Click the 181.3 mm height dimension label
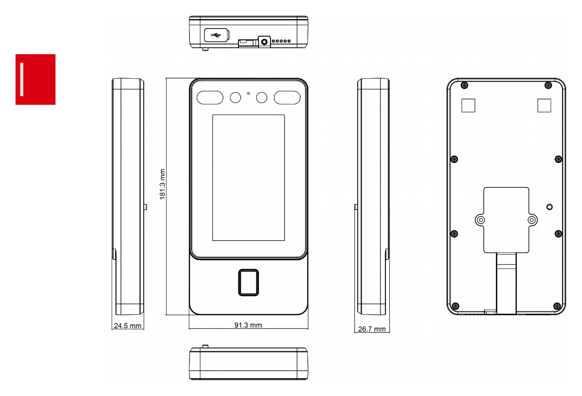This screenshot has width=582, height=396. pos(163,184)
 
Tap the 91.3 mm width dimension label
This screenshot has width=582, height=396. pos(248,325)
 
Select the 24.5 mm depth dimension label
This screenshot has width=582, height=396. pos(128,326)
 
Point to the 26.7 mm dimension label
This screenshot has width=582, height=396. pos(372,329)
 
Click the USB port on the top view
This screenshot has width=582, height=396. pos(217,35)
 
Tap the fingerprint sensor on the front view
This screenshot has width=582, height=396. pos(248,282)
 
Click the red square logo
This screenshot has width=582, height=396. pos(36,80)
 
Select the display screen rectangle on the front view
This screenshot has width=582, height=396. pos(249,178)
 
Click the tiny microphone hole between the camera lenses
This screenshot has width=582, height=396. pos(249,93)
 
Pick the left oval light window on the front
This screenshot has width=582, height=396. pos(210,98)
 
